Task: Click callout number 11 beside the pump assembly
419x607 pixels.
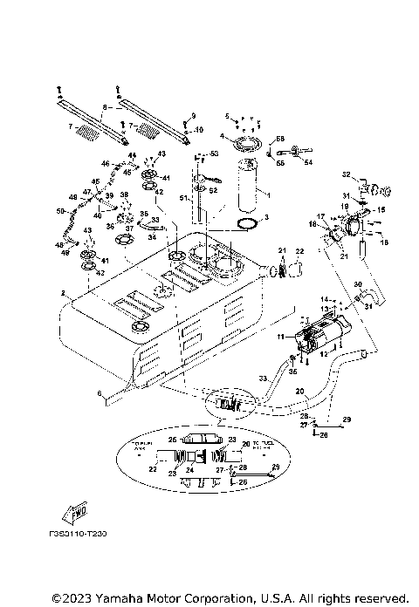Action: (x=281, y=335)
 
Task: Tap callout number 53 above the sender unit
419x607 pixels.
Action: (x=194, y=115)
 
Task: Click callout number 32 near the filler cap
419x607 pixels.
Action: (x=346, y=174)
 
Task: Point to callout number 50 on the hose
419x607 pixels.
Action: (x=59, y=211)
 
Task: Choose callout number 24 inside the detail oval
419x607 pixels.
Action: (x=189, y=469)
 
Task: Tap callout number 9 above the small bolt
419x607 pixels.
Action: (x=194, y=115)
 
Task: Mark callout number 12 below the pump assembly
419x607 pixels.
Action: (x=323, y=353)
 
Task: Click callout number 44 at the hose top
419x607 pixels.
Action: (x=133, y=155)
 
